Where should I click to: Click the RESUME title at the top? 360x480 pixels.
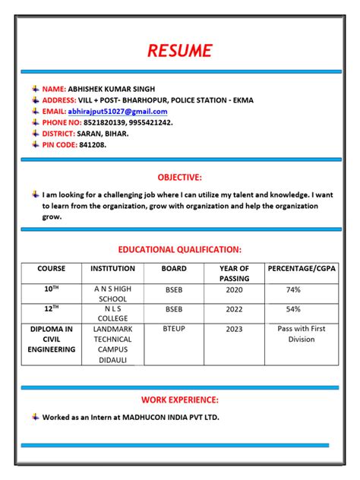pyautogui.click(x=180, y=51)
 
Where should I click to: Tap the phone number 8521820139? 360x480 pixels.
pyautogui.click(x=105, y=122)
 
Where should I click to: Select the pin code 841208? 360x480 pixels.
pyautogui.click(x=93, y=144)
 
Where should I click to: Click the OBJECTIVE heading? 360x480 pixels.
pyautogui.click(x=180, y=178)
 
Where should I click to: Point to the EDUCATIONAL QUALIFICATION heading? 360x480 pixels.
pyautogui.click(x=180, y=249)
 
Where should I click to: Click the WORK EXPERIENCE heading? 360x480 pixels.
pyautogui.click(x=180, y=399)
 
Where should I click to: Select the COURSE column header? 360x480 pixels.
pyautogui.click(x=52, y=269)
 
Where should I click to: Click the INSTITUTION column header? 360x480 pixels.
pyautogui.click(x=112, y=269)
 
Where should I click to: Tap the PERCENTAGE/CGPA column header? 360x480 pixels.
pyautogui.click(x=302, y=269)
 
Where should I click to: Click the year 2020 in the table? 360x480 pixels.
pyautogui.click(x=234, y=290)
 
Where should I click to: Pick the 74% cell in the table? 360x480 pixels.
pyautogui.click(x=294, y=290)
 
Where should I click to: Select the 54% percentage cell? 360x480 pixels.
pyautogui.click(x=294, y=309)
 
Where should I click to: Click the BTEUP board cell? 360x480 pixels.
pyautogui.click(x=174, y=329)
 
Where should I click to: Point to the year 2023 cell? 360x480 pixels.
pyautogui.click(x=234, y=329)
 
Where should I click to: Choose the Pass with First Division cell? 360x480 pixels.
pyautogui.click(x=301, y=334)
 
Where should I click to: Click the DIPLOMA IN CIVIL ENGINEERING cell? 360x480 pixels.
pyautogui.click(x=52, y=339)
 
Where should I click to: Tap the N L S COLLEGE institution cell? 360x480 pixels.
pyautogui.click(x=112, y=314)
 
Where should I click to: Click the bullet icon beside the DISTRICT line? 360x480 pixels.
pyautogui.click(x=36, y=133)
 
